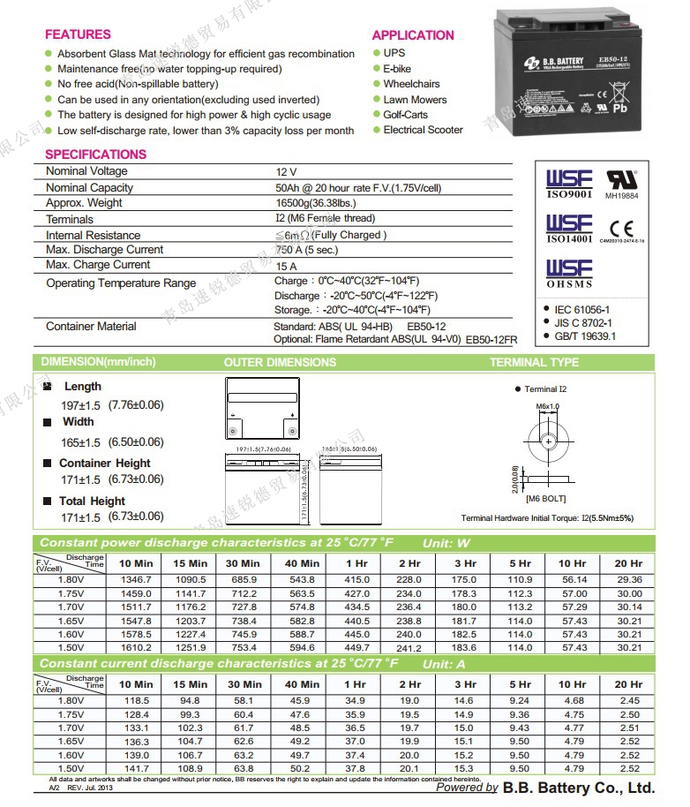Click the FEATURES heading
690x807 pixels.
click(78, 34)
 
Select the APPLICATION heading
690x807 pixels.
click(413, 35)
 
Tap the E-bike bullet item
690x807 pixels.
click(397, 69)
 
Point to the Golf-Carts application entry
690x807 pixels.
click(405, 115)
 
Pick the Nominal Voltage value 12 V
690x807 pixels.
click(287, 171)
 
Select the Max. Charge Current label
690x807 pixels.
click(98, 265)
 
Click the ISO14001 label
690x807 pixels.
click(569, 238)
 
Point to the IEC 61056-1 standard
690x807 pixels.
click(582, 310)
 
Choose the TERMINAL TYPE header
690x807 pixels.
click(534, 362)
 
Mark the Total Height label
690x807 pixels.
click(92, 501)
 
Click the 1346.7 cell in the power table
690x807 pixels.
click(135, 579)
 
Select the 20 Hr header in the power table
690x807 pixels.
click(628, 563)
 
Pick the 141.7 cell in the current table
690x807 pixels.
click(135, 769)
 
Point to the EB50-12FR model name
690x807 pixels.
click(491, 339)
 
